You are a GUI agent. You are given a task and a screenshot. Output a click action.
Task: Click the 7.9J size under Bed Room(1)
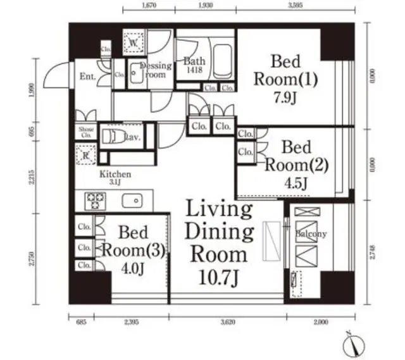pyautogui.click(x=285, y=101)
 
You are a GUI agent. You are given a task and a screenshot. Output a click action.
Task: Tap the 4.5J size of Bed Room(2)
pyautogui.click(x=296, y=183)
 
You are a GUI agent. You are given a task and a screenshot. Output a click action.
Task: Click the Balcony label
pyautogui.click(x=311, y=234)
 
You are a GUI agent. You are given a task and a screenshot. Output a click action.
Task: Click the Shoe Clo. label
pyautogui.click(x=86, y=132)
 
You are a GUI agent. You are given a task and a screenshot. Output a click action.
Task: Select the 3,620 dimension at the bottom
pyautogui.click(x=228, y=322)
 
